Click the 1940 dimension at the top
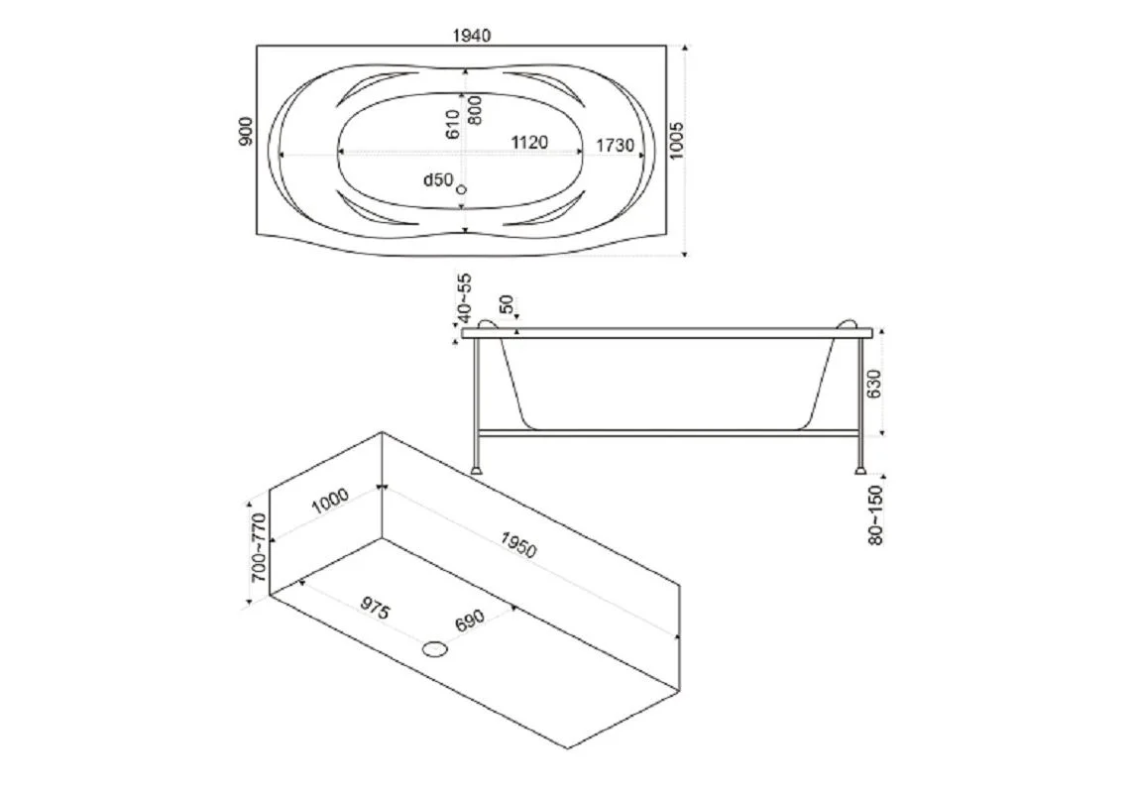pyautogui.click(x=472, y=36)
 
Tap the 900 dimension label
pyautogui.click(x=246, y=132)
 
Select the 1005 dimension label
pyautogui.click(x=676, y=140)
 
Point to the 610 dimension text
pyautogui.click(x=452, y=124)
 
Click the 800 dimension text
pyautogui.click(x=475, y=110)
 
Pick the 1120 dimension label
pyautogui.click(x=529, y=143)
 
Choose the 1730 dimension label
pyautogui.click(x=615, y=146)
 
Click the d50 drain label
pyautogui.click(x=438, y=179)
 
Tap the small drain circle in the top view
pyautogui.click(x=462, y=189)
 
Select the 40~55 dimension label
pyautogui.click(x=464, y=297)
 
